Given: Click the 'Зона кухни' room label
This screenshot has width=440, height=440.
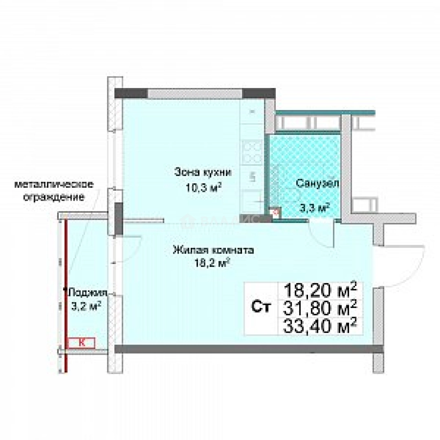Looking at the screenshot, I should tap(203, 172).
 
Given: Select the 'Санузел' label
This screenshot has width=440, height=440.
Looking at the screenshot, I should tap(317, 183).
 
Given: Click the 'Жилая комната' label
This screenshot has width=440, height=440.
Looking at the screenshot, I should tap(213, 250).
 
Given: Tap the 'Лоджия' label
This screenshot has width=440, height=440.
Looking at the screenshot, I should tap(88, 293).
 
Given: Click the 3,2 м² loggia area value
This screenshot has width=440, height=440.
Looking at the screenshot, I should tap(86, 306).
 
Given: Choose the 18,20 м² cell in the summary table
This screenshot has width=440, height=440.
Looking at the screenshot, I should tap(320, 291).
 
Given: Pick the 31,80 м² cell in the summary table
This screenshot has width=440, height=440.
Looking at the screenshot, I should tap(320, 308).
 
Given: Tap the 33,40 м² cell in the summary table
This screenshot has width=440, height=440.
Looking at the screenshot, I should tap(320, 326).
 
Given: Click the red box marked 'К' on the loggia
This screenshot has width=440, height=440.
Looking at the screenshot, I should tap(81, 343).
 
